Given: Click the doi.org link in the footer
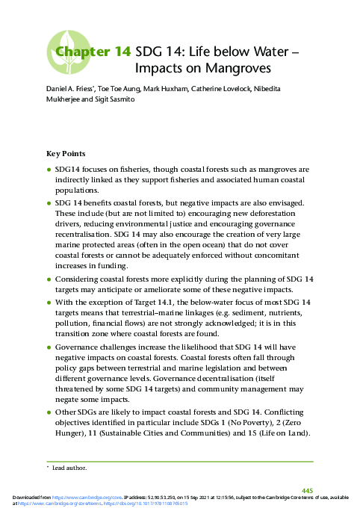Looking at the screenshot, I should (150, 504).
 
